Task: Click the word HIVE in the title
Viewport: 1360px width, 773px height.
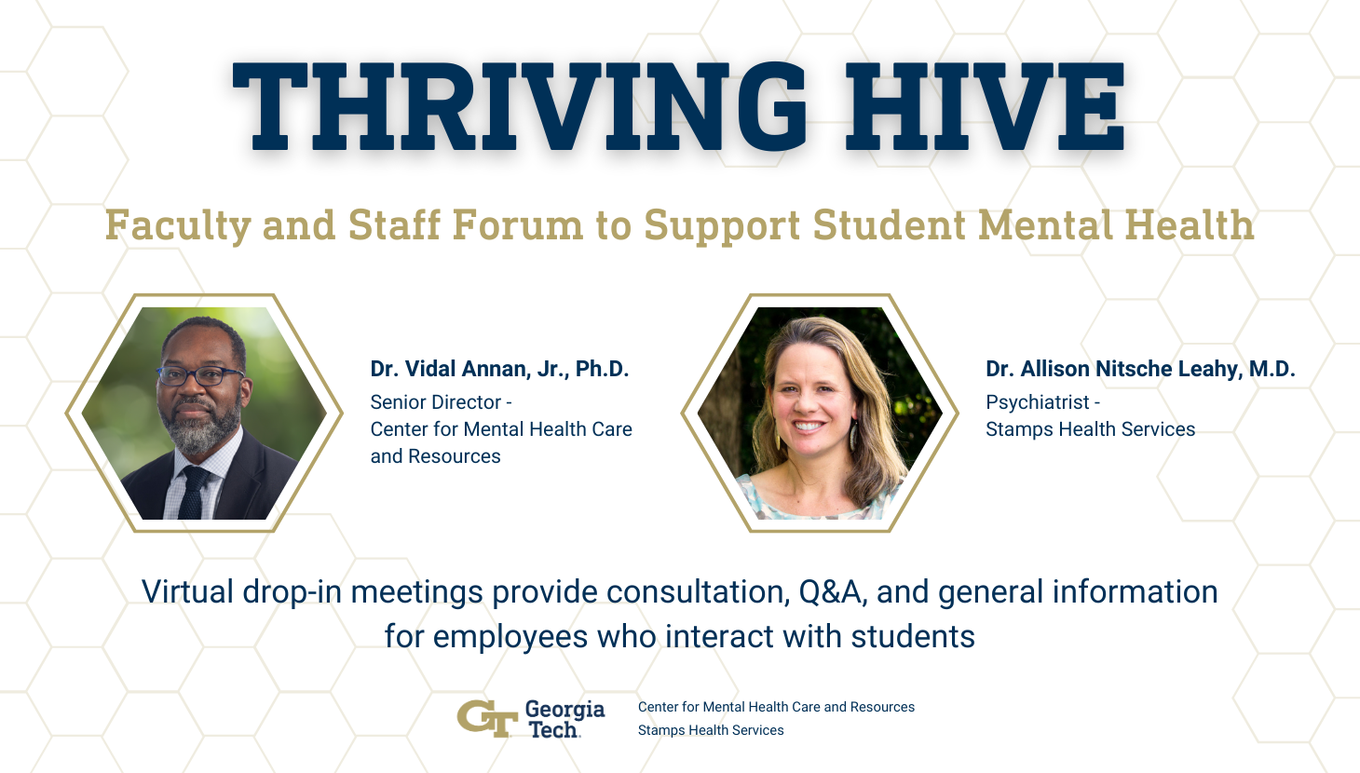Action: tap(985, 105)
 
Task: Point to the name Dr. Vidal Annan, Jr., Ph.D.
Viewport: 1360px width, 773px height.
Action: tap(499, 369)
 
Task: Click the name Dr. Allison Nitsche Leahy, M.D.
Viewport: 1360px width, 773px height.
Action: tap(1140, 369)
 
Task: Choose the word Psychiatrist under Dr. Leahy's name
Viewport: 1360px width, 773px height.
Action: tap(1037, 402)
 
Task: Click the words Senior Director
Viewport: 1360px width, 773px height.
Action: tap(435, 402)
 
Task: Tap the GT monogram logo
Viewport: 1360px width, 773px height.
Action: tap(486, 718)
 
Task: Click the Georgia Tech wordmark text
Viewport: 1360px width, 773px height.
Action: tap(564, 719)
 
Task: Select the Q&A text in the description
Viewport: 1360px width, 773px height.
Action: tap(829, 592)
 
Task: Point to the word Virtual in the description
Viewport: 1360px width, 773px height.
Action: tap(187, 592)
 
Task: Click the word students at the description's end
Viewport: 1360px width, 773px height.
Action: tap(913, 637)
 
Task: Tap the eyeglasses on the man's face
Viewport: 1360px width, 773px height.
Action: tap(199, 376)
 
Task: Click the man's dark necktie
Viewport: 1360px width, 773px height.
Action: tap(194, 493)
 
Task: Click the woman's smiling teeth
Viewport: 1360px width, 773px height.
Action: tap(809, 427)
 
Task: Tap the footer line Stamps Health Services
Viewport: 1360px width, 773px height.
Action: tap(711, 730)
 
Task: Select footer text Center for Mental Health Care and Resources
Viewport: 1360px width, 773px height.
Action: tap(776, 707)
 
